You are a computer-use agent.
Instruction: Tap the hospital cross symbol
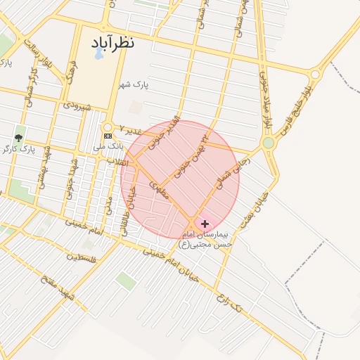205,224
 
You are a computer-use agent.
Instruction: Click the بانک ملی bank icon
108,136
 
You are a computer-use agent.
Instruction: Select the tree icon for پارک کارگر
18,138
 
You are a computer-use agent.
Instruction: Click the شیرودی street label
77,105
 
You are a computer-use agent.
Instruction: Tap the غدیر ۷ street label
131,130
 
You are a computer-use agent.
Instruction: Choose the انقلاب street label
114,162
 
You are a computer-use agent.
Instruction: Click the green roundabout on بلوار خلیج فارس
268,143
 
